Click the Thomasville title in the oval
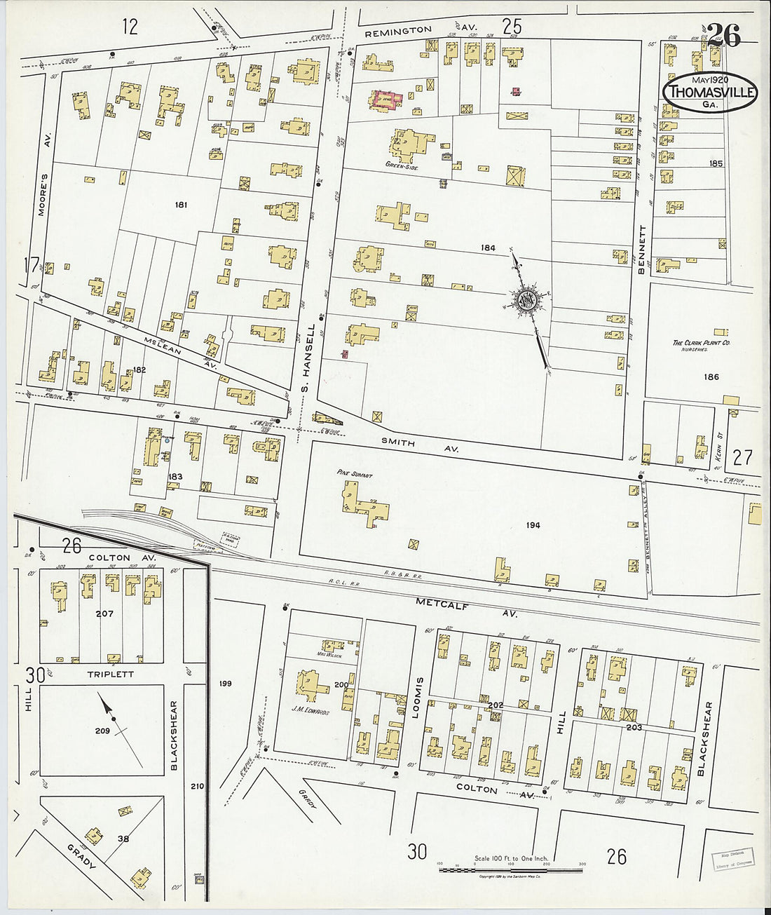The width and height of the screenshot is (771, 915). point(712,92)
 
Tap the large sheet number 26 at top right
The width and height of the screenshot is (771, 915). point(723,35)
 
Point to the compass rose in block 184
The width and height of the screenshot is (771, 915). point(526,301)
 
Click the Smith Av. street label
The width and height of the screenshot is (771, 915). point(418,445)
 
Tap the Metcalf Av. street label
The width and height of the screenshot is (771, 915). point(466,607)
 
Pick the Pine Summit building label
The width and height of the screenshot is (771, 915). point(354,475)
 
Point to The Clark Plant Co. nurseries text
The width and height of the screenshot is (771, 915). point(702,344)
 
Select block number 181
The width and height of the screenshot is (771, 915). point(182,205)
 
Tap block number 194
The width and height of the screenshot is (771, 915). point(533,525)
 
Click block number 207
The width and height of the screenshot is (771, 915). point(104,614)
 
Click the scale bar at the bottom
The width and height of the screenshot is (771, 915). point(511,870)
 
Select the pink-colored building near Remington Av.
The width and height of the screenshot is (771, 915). point(385,100)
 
